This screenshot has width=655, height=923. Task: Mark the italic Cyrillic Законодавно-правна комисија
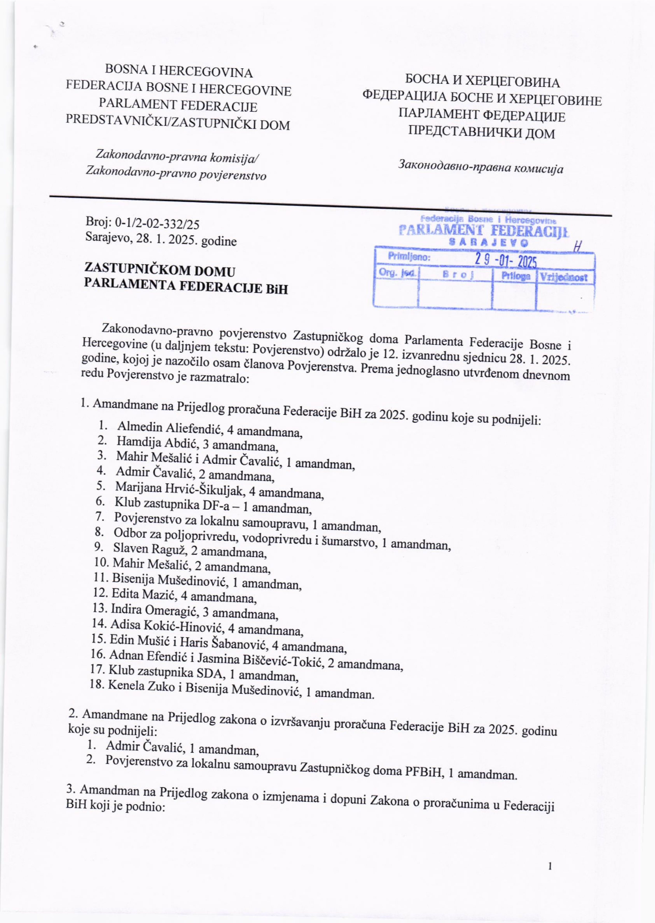coord(481,167)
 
